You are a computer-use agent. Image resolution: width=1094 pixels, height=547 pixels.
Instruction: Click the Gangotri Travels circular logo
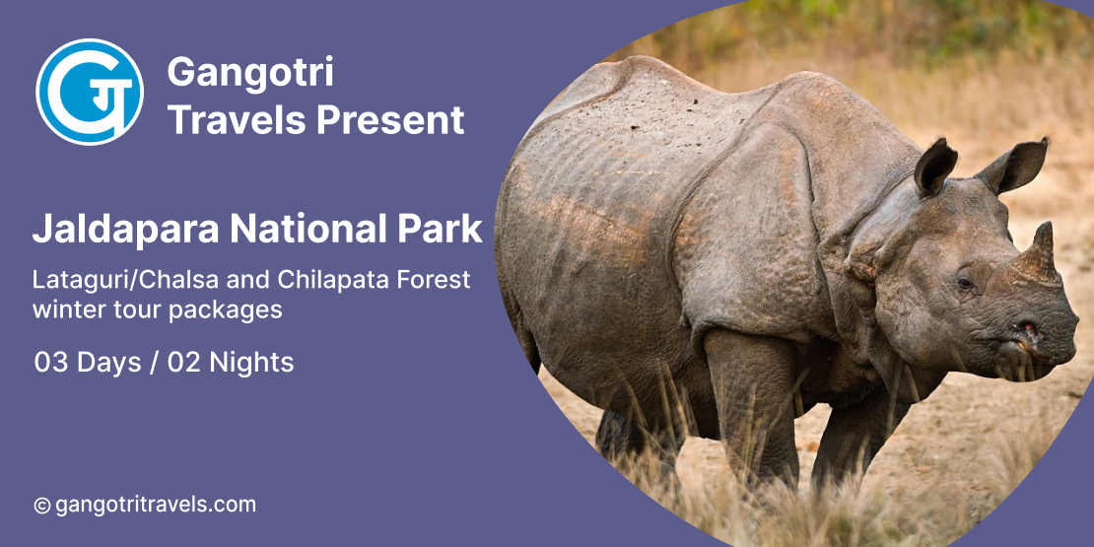[90, 92]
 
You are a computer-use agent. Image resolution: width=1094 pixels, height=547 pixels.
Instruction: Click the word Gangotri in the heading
[250, 72]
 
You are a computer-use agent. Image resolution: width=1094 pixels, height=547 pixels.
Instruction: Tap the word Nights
[251, 363]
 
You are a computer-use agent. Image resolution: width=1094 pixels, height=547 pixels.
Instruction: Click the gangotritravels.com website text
[156, 505]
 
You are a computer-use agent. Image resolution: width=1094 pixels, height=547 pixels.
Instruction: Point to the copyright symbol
[41, 506]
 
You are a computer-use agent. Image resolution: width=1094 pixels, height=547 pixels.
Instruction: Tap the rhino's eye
[965, 283]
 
